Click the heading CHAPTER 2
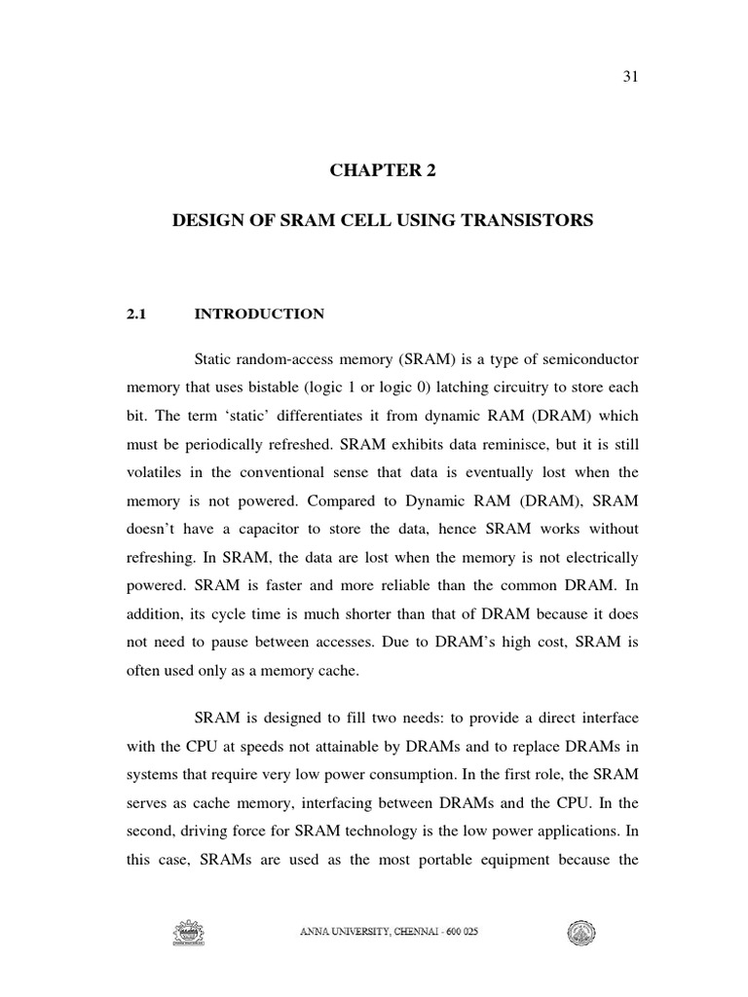[x=383, y=171]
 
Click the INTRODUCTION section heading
[x=259, y=314]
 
